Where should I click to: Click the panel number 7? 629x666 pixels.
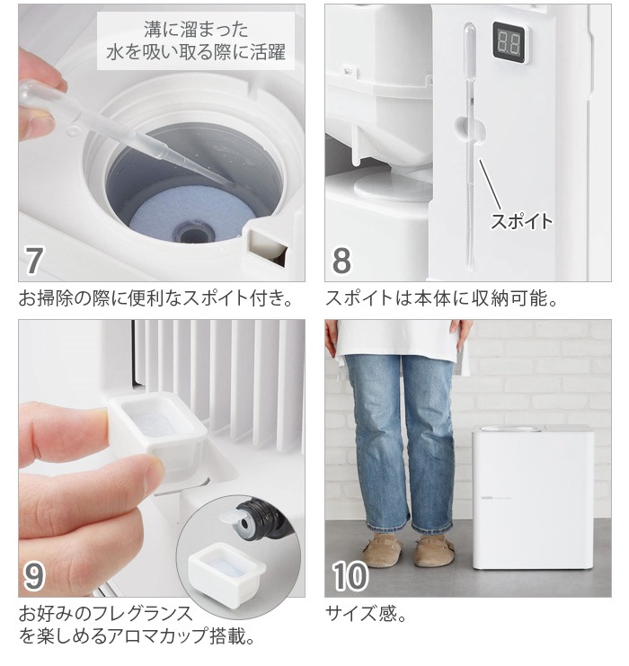[34, 260]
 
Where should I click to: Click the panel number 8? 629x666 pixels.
[341, 260]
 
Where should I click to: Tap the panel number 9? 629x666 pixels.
[34, 576]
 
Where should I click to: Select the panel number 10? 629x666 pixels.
[350, 576]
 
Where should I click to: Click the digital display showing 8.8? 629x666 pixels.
[509, 43]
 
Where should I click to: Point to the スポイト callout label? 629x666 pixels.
[522, 221]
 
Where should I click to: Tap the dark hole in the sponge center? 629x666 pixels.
[191, 234]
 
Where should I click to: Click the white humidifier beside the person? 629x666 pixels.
[533, 496]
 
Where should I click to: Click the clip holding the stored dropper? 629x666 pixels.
[471, 129]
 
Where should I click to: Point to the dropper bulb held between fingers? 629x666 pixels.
[31, 94]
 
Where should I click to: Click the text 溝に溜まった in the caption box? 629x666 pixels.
[196, 30]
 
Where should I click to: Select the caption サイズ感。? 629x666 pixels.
[366, 613]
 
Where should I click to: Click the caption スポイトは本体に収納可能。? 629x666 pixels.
[442, 298]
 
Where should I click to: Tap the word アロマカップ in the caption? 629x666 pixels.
[158, 635]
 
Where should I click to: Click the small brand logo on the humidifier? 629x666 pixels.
[486, 497]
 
